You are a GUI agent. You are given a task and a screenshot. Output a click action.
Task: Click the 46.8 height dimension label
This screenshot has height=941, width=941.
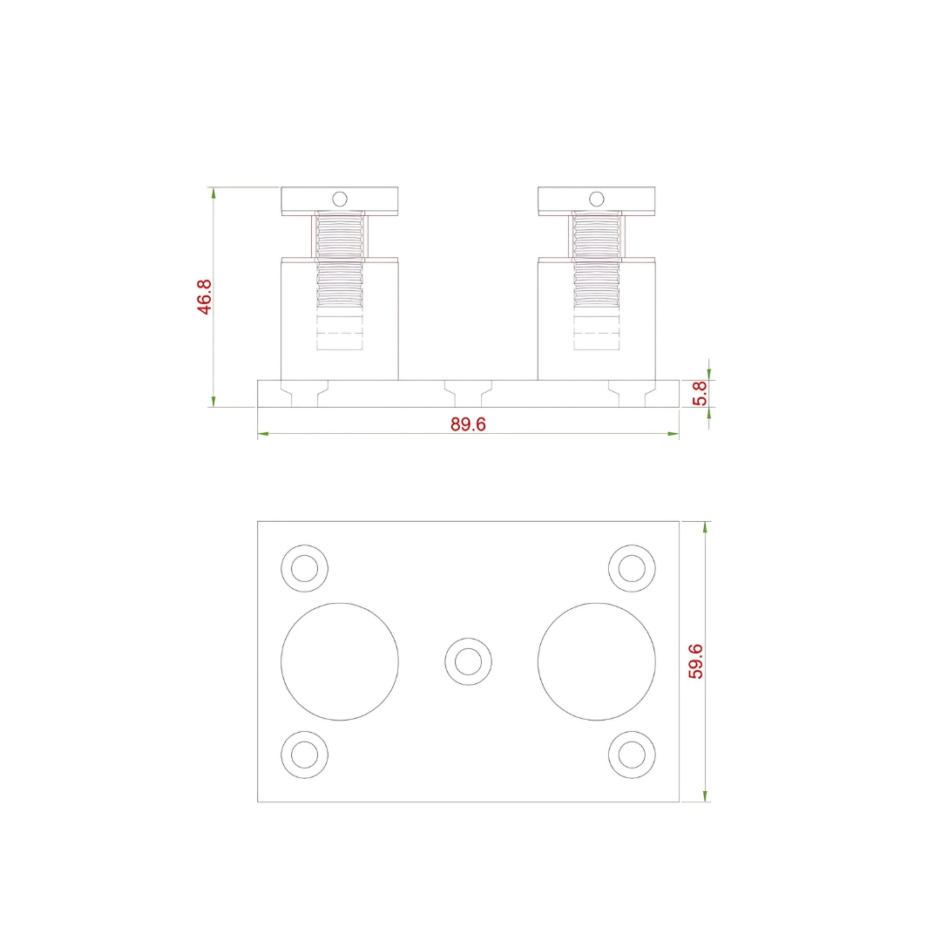pyautogui.click(x=204, y=296)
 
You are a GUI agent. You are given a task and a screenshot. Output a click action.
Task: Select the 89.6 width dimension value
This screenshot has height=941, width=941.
pyautogui.click(x=468, y=423)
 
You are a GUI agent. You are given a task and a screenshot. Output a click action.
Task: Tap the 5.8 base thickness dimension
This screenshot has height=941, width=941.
pyautogui.click(x=699, y=393)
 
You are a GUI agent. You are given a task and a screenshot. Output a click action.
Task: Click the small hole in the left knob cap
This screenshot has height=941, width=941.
pyautogui.click(x=340, y=199)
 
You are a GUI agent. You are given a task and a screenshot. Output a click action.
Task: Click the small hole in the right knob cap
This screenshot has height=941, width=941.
pyautogui.click(x=596, y=199)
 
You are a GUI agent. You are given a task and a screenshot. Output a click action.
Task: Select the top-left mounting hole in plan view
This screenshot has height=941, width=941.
pyautogui.click(x=304, y=568)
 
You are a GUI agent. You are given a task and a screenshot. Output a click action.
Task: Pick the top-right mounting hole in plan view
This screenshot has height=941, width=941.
pyautogui.click(x=632, y=568)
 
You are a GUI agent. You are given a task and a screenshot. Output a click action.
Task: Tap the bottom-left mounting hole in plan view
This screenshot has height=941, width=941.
pyautogui.click(x=304, y=754)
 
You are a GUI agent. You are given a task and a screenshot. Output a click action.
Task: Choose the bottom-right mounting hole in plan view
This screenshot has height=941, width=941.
pyautogui.click(x=632, y=754)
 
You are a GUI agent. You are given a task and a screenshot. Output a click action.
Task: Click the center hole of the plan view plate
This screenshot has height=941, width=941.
pyautogui.click(x=468, y=660)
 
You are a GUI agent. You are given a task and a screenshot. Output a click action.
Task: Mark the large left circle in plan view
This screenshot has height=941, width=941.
pyautogui.click(x=340, y=661)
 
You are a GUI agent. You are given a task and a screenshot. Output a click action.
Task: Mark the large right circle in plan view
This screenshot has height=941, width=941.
pyautogui.click(x=596, y=661)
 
